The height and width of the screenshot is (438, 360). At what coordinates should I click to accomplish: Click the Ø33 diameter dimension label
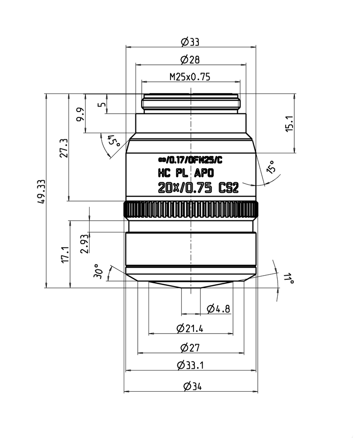pyautogui.click(x=190, y=42)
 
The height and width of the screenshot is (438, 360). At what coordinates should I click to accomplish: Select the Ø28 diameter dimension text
pyautogui.click(x=190, y=59)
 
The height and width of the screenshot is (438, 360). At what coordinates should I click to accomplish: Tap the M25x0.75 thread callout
pyautogui.click(x=190, y=77)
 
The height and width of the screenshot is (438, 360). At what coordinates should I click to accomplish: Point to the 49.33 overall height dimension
pyautogui.click(x=42, y=192)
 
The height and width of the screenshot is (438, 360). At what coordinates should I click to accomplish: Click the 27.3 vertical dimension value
pyautogui.click(x=64, y=148)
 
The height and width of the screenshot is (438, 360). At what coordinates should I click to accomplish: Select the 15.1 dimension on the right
pyautogui.click(x=290, y=124)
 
